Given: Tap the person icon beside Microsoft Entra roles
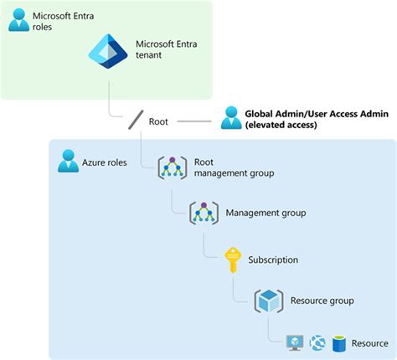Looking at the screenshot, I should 18,20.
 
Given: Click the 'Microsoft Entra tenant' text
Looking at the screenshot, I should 168,49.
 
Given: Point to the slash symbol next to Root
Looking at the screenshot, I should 135,121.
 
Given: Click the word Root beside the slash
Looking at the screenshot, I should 158,121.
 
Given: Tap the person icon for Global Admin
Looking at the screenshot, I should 231,119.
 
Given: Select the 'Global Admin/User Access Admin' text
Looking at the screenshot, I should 316,114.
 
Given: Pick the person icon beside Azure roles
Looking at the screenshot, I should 68,162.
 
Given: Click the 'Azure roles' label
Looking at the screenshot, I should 105,162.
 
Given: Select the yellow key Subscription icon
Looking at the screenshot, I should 234,260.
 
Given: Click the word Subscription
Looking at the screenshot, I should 273,260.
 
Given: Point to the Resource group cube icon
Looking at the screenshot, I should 269,301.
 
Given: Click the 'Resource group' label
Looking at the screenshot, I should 322,301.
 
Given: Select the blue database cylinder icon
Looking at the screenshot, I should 340,343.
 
